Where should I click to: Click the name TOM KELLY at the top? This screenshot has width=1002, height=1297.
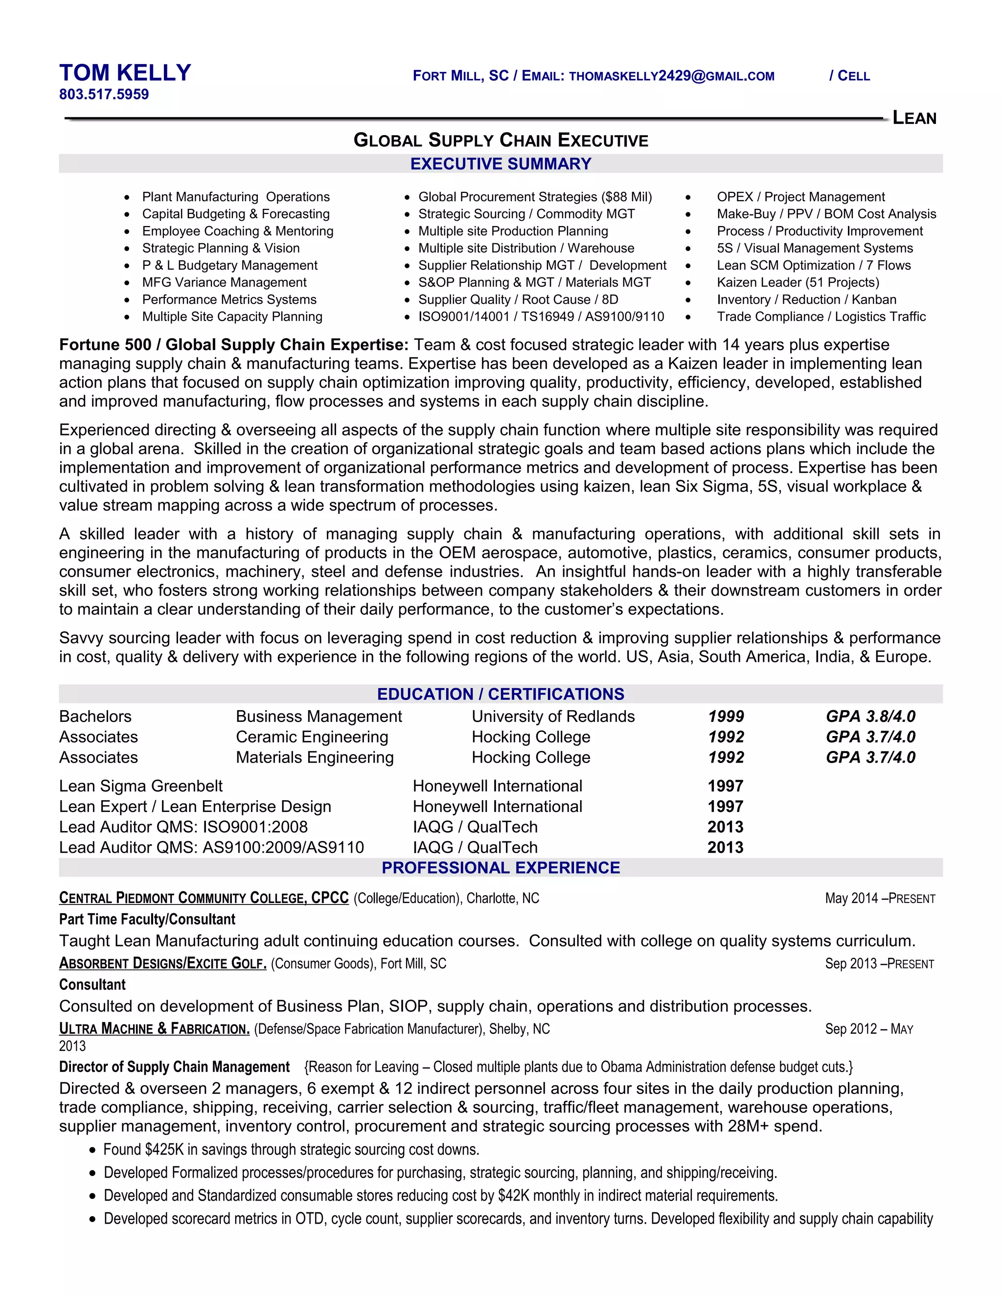[125, 73]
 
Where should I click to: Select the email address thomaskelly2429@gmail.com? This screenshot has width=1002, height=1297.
[671, 76]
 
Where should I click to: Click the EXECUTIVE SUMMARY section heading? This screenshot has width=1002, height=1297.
[501, 164]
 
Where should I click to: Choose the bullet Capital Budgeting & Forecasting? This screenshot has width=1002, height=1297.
[236, 214]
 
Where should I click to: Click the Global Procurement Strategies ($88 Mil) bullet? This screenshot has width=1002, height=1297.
[534, 197]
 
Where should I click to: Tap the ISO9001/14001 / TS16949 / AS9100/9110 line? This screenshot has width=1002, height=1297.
[541, 317]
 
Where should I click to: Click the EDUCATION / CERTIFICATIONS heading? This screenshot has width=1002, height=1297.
[501, 694]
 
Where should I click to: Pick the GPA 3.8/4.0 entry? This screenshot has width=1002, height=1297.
[870, 717]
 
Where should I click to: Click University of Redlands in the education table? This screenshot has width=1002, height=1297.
[553, 717]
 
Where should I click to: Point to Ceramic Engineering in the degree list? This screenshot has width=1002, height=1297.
[312, 737]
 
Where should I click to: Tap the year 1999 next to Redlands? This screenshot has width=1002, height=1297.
[726, 717]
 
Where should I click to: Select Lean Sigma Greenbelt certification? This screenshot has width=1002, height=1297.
[141, 787]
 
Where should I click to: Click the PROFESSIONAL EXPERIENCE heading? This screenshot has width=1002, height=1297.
[501, 868]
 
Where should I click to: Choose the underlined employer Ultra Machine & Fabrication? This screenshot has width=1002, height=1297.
[154, 1029]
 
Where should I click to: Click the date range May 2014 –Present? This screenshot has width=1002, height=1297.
[879, 899]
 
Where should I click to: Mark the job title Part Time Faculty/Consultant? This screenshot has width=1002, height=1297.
[147, 919]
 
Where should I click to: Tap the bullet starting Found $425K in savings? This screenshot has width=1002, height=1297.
[291, 1150]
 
